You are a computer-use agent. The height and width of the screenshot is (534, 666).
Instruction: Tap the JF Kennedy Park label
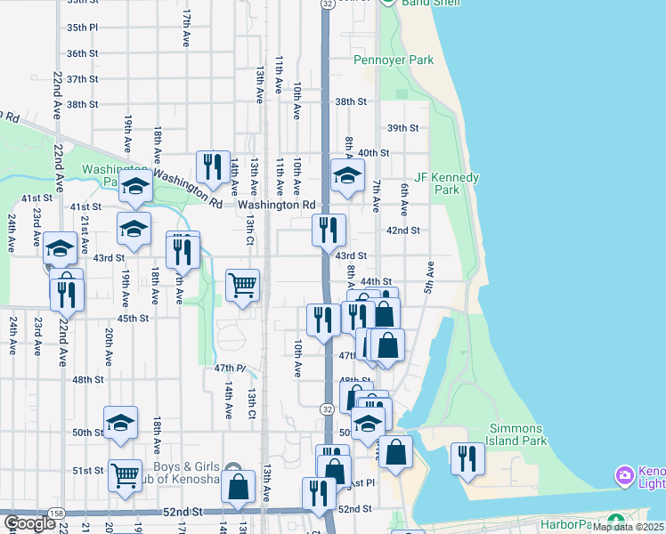coord(447,183)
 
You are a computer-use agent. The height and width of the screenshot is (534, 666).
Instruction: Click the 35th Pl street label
coord(81,28)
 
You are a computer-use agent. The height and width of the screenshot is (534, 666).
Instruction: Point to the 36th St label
coord(81,53)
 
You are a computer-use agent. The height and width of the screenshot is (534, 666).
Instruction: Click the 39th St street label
coord(402,128)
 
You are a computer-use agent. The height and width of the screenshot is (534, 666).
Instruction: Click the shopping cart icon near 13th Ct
coord(242,286)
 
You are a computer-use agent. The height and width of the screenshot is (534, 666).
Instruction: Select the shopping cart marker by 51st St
coord(126,474)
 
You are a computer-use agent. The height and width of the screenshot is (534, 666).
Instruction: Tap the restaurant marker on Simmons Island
coord(467,457)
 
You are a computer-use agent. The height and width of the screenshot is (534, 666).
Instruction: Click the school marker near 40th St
coord(347,174)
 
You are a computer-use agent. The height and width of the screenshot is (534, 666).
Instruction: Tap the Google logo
coord(29,523)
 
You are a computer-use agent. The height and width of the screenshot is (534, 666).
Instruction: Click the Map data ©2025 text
coord(628,527)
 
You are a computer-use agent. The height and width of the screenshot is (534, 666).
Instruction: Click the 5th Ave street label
coord(429,279)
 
